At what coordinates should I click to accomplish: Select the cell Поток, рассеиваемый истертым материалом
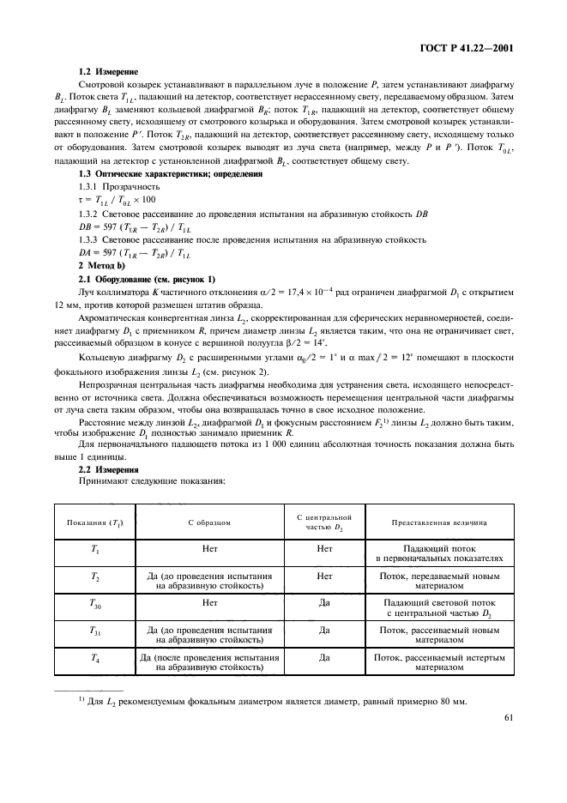440,661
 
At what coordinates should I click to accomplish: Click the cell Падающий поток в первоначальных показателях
440,551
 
